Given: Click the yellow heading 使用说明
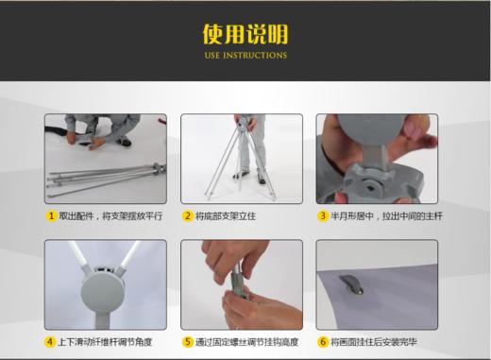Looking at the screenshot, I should [x=245, y=34].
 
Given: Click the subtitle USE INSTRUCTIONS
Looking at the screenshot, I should [x=245, y=56].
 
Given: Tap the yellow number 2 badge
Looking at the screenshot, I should [x=187, y=216].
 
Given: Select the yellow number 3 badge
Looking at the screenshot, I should [x=322, y=216].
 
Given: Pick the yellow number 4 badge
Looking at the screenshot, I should [x=51, y=341].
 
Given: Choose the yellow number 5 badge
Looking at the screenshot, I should [x=187, y=341].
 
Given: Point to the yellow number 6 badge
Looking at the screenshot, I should [x=322, y=341].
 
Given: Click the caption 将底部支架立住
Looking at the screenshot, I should [x=226, y=216].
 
